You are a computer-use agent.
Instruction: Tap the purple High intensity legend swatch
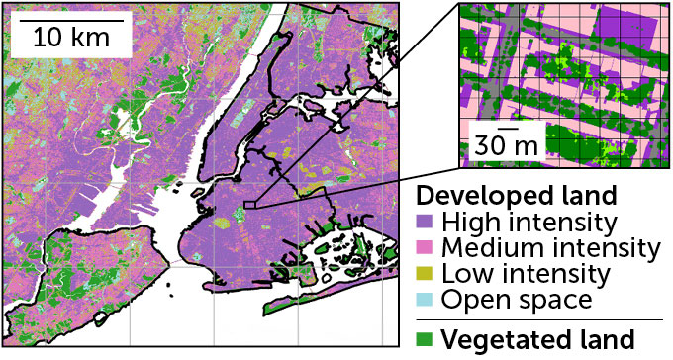[x=427, y=220]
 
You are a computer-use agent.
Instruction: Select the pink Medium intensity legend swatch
[x=427, y=245]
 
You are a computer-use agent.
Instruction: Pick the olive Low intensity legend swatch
[x=427, y=271]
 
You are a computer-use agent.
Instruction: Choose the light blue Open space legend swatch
[x=427, y=297]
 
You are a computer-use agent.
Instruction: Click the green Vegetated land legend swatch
[x=427, y=339]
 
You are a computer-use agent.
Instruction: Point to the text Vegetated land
[x=537, y=339]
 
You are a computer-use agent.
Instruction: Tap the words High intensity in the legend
[x=529, y=220]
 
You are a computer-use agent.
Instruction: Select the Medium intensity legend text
[x=551, y=245]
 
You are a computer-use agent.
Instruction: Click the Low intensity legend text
[x=528, y=271]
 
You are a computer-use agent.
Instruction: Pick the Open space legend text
[x=517, y=297]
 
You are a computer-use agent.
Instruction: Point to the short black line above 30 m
[x=508, y=127]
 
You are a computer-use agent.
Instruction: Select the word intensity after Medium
[x=608, y=245]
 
